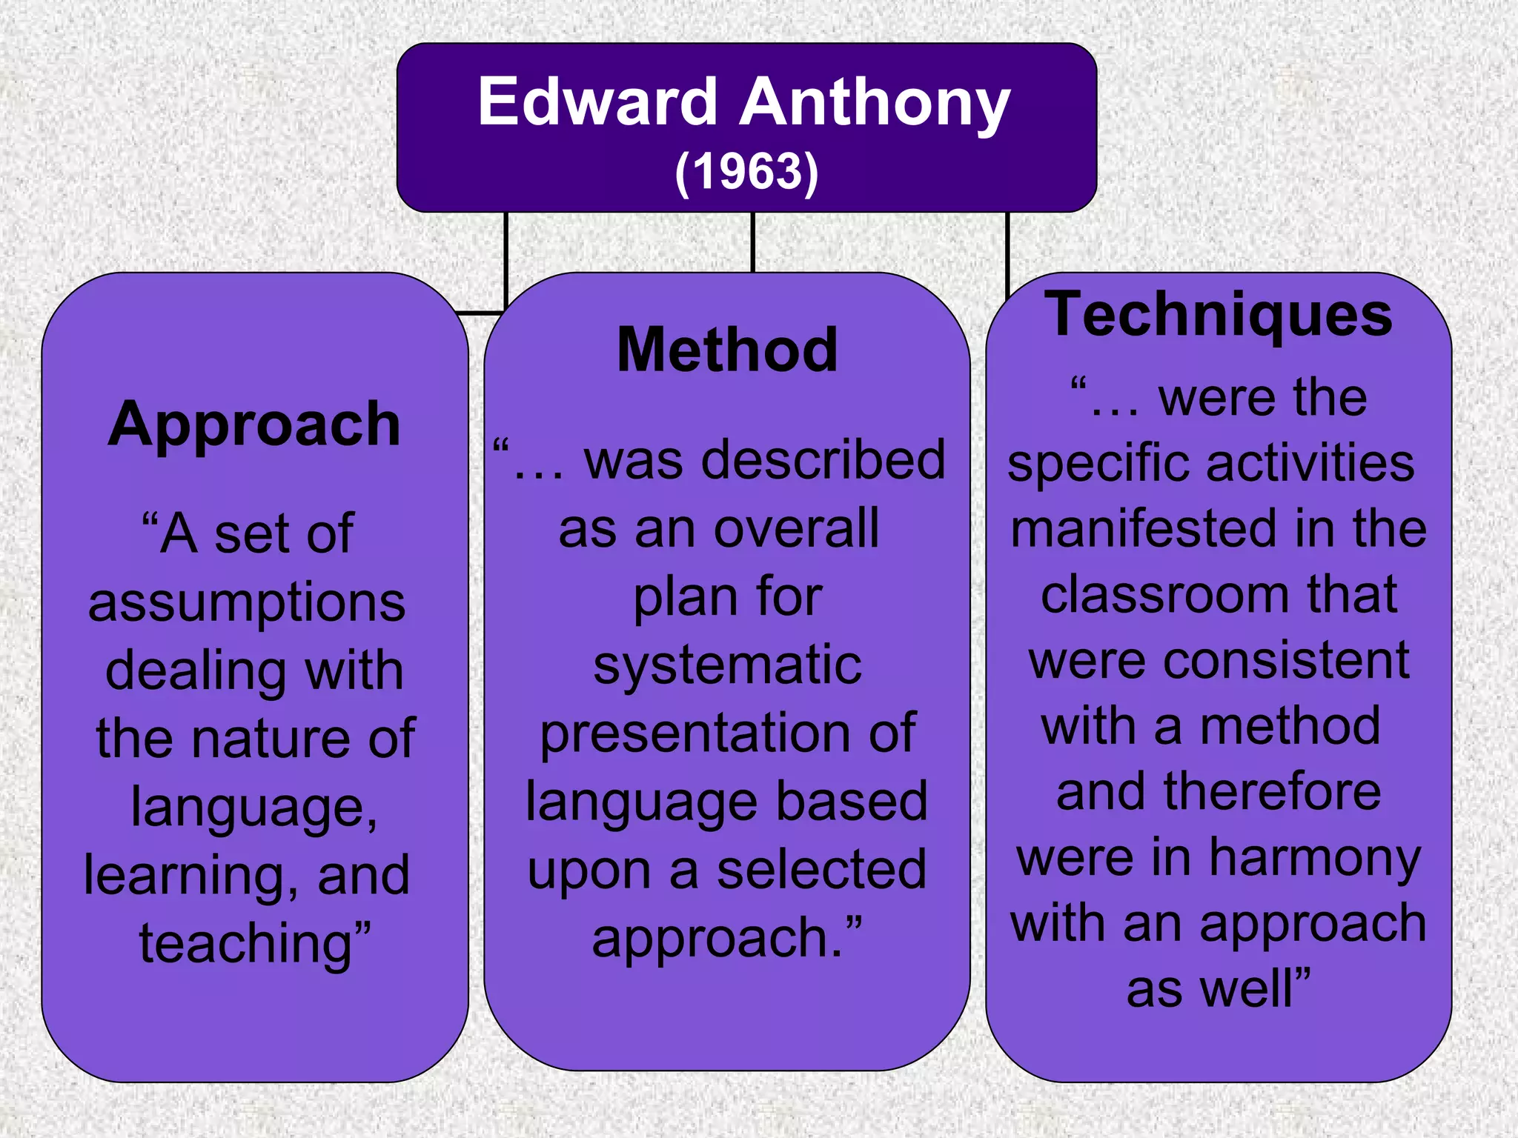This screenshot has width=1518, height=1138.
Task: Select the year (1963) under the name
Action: point(746,172)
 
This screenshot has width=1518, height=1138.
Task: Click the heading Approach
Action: point(254,425)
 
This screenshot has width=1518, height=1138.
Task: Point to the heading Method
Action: point(727,350)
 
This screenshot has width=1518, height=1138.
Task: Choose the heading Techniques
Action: point(1219,315)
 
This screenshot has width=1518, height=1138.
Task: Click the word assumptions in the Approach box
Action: point(247,602)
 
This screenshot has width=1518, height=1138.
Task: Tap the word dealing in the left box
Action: point(196,670)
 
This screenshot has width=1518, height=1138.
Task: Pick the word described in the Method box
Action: point(823,460)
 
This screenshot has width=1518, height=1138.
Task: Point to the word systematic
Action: point(727,665)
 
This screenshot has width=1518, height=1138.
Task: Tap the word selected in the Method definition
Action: point(821,870)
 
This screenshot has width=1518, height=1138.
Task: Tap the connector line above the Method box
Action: point(752,242)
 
